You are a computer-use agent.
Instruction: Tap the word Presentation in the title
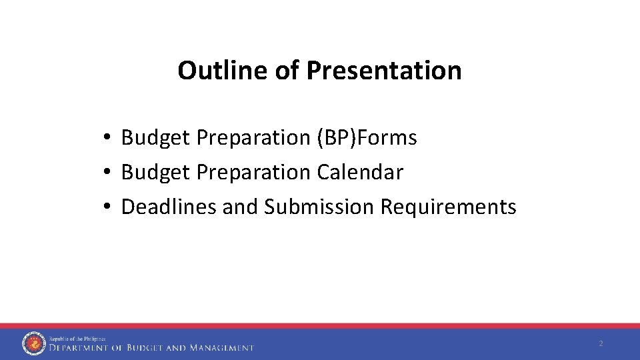point(384,70)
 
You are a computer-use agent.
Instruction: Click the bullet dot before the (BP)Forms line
point(107,138)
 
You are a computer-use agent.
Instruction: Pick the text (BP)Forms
point(365,138)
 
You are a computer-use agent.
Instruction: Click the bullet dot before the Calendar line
point(107,173)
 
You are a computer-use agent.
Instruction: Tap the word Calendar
point(360,173)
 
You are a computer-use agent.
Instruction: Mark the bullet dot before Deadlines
point(107,207)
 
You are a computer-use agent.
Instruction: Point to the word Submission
point(319,207)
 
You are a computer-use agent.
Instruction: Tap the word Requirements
point(448,207)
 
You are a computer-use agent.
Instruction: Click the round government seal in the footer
point(33,343)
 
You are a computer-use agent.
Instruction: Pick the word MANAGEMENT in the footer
point(221,348)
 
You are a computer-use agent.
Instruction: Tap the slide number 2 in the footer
point(601,344)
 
